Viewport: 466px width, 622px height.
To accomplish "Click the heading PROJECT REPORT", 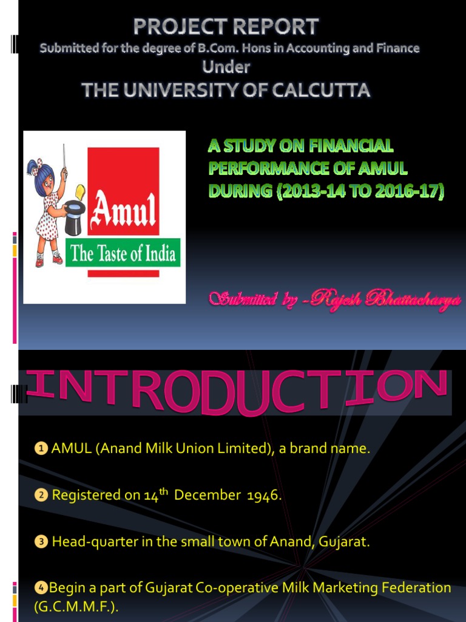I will point(226,27).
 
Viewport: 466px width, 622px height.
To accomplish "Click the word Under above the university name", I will point(226,67).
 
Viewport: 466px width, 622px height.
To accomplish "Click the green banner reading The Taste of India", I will point(123,253).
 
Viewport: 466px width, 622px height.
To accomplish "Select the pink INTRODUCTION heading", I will point(237,393).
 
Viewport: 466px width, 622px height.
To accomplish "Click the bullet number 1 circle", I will point(41,449).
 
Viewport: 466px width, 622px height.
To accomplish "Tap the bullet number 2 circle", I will point(41,496).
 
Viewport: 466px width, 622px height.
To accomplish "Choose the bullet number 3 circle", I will point(41,542).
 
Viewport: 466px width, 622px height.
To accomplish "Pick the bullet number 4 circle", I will point(41,588).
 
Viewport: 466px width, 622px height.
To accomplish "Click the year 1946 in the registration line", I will point(263,496).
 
